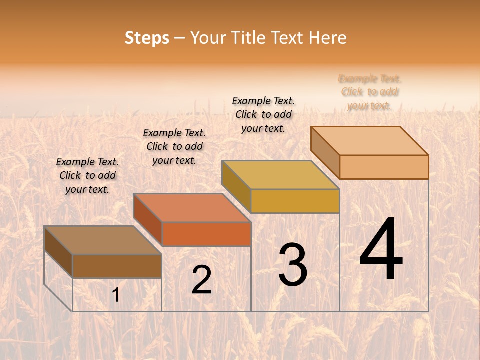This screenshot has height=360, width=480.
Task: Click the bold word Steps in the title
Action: [x=147, y=38]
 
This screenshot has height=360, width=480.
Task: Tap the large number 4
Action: [x=381, y=249]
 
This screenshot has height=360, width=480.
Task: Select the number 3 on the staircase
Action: [x=292, y=265]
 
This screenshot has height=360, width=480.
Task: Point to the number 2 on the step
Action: [x=201, y=280]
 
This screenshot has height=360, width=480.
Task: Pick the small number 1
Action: [x=116, y=295]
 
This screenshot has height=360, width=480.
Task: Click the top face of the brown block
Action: [x=103, y=240]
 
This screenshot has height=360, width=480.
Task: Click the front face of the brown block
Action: [x=117, y=266]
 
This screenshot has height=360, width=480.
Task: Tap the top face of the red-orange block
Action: [x=192, y=208]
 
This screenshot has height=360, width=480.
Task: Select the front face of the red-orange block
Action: [x=206, y=234]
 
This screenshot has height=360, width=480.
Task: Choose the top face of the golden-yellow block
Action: [x=280, y=175]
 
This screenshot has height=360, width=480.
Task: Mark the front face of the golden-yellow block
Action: [x=295, y=201]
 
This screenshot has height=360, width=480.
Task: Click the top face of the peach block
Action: [x=370, y=141]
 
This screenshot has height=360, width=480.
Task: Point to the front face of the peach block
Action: [x=384, y=167]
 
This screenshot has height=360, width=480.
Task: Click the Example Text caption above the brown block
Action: [x=87, y=175]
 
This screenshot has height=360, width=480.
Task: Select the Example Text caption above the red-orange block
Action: [x=174, y=146]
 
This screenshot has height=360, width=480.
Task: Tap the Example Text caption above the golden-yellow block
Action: [x=263, y=114]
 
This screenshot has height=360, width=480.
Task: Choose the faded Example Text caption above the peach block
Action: [x=370, y=92]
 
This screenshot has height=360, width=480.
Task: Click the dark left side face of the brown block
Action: [x=58, y=252]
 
